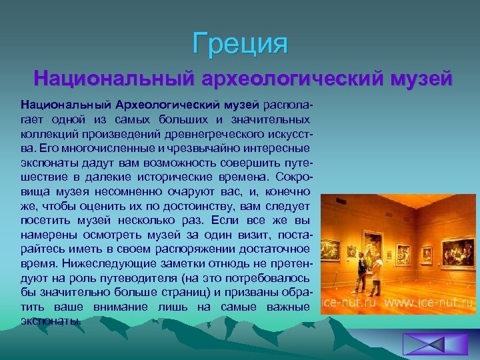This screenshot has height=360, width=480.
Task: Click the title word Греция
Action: (x=241, y=44)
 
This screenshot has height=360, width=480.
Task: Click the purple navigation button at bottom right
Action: (x=425, y=345)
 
